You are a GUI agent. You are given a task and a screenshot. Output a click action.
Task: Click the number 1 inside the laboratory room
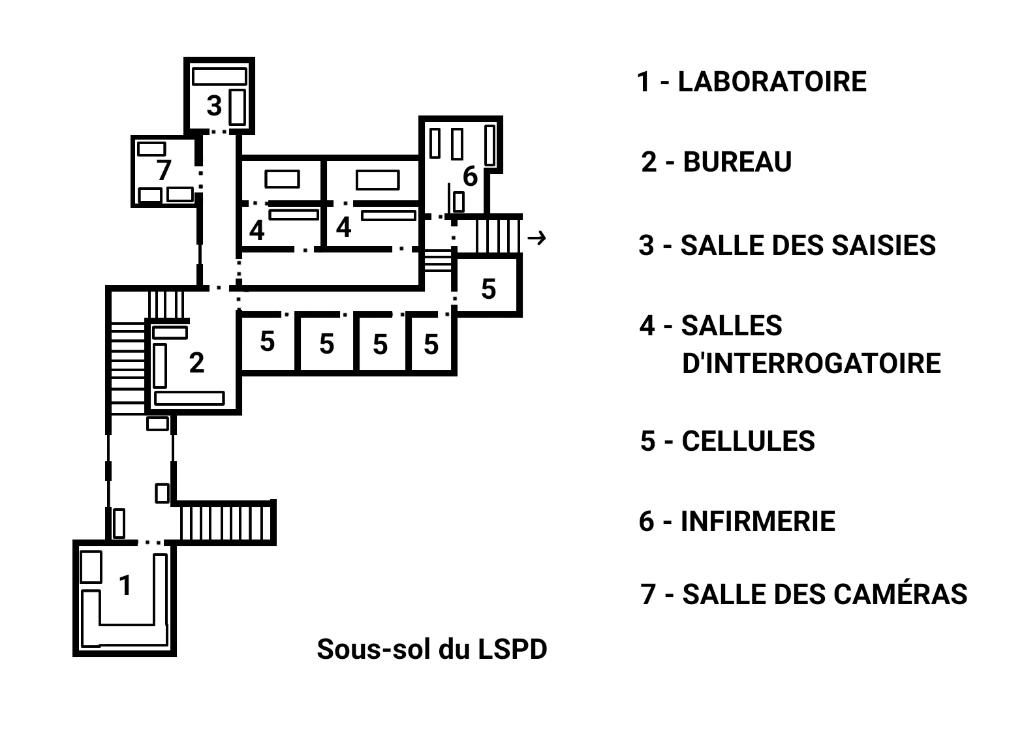(x=125, y=585)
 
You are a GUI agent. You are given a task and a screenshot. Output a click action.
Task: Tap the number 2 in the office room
(x=196, y=363)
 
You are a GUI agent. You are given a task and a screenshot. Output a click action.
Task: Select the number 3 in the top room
(x=214, y=105)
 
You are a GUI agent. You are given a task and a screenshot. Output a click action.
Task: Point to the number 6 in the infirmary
(x=470, y=176)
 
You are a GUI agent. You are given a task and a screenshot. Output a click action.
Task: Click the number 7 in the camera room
(x=163, y=170)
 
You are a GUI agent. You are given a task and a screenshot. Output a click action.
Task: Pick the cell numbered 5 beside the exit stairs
(x=488, y=288)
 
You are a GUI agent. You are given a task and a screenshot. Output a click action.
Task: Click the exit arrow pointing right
(x=536, y=238)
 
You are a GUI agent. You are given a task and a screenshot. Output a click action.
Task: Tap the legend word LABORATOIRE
(x=772, y=82)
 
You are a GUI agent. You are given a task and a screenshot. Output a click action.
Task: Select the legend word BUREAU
(x=737, y=162)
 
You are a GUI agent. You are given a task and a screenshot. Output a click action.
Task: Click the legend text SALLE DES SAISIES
(x=808, y=245)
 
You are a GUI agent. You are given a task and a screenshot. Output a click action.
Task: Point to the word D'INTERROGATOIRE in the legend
(x=811, y=363)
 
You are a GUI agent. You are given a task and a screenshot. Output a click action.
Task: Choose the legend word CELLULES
(x=748, y=442)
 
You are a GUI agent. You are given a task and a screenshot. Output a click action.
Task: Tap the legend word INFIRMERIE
(x=758, y=521)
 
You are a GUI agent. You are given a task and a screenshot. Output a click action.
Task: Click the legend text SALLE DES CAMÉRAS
(x=824, y=594)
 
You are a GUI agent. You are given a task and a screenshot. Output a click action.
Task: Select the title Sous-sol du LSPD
(x=431, y=649)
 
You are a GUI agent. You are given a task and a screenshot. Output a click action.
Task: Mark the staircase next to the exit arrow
(x=498, y=234)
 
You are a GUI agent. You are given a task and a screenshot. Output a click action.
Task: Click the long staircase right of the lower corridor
(x=226, y=522)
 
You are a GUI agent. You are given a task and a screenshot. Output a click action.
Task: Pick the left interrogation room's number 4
(x=256, y=230)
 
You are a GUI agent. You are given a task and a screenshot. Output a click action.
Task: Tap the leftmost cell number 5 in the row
(x=267, y=341)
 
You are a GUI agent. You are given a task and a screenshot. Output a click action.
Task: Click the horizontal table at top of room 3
(x=219, y=76)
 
